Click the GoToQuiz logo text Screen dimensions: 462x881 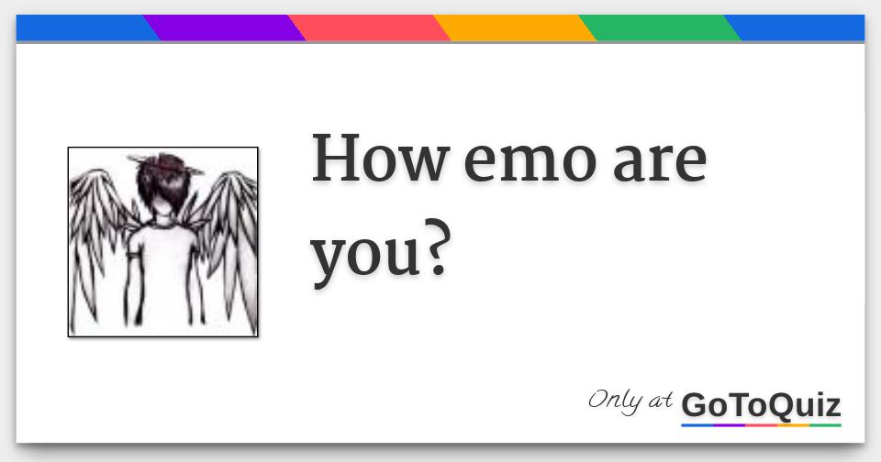click(x=761, y=404)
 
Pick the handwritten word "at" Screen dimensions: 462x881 click(x=660, y=401)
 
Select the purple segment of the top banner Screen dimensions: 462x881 click(x=225, y=28)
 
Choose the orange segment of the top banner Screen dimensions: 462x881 click(x=515, y=28)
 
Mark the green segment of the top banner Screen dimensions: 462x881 click(x=660, y=28)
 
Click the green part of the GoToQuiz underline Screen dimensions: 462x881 click(x=826, y=425)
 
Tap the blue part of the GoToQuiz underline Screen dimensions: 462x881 click(x=697, y=425)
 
